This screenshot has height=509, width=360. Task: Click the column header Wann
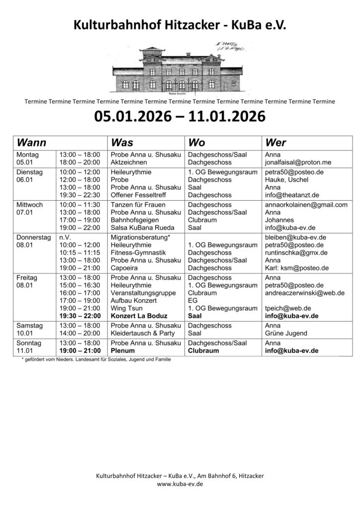pos(32,143)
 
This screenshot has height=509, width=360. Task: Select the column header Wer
pos(276,143)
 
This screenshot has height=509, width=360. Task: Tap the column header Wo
pos(196,143)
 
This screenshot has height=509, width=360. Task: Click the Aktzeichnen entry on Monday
pos(128,163)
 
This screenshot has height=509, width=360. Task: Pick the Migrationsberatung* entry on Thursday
pos(141,237)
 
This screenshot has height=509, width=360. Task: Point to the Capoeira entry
pos(125,268)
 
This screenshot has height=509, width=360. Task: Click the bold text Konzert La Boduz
pos(139,316)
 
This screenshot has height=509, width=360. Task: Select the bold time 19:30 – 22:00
pos(80,316)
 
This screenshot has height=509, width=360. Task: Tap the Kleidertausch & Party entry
pos(143,333)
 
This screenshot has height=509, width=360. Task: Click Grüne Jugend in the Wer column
pos(286,333)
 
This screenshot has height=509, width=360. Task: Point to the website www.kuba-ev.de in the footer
pos(180,484)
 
